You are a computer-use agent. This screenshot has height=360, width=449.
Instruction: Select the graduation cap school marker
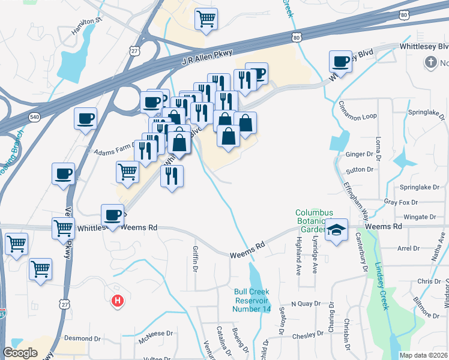337,230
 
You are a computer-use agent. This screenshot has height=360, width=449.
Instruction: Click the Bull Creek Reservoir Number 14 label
253,301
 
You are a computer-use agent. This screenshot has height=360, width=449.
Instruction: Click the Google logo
20,353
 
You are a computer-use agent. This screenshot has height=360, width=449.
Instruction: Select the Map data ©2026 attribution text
423,355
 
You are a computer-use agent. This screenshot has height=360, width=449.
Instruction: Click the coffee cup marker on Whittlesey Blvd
341,61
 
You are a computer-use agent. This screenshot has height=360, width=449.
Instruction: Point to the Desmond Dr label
85,338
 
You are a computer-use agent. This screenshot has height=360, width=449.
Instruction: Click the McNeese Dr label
155,333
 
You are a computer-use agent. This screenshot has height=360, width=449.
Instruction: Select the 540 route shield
35,118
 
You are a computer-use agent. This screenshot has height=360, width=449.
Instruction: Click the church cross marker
430,62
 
